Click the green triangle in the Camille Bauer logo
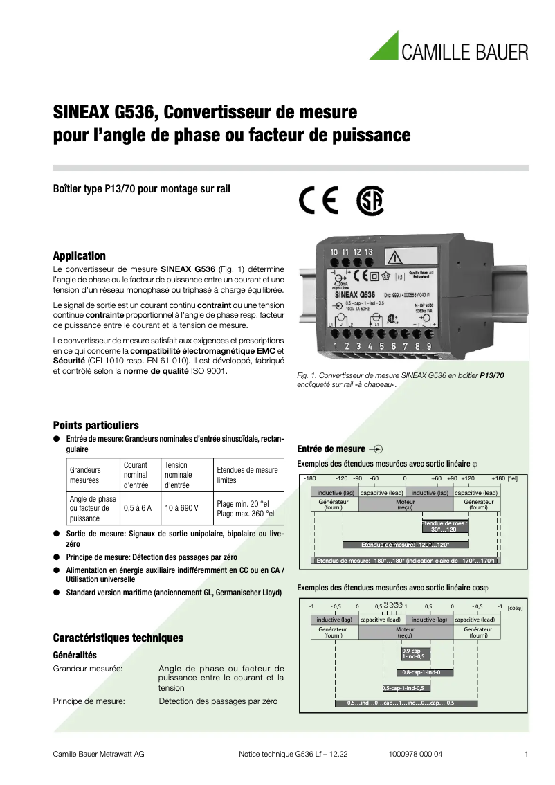tap(385, 48)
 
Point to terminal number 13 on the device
tap(369, 252)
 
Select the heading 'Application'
tap(80, 255)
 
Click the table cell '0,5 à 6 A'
tap(138, 508)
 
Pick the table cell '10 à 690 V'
tap(181, 508)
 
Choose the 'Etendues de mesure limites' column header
tap(247, 475)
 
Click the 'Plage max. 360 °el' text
tap(246, 514)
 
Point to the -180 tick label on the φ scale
tap(310, 478)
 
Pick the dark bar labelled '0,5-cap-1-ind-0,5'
tap(403, 688)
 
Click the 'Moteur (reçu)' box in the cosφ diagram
tap(405, 632)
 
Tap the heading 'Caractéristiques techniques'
tap(118, 638)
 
